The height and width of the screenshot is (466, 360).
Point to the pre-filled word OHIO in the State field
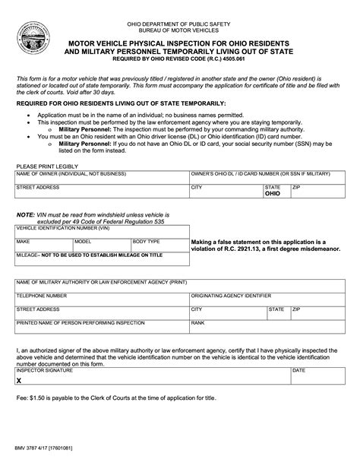coord(272,194)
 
